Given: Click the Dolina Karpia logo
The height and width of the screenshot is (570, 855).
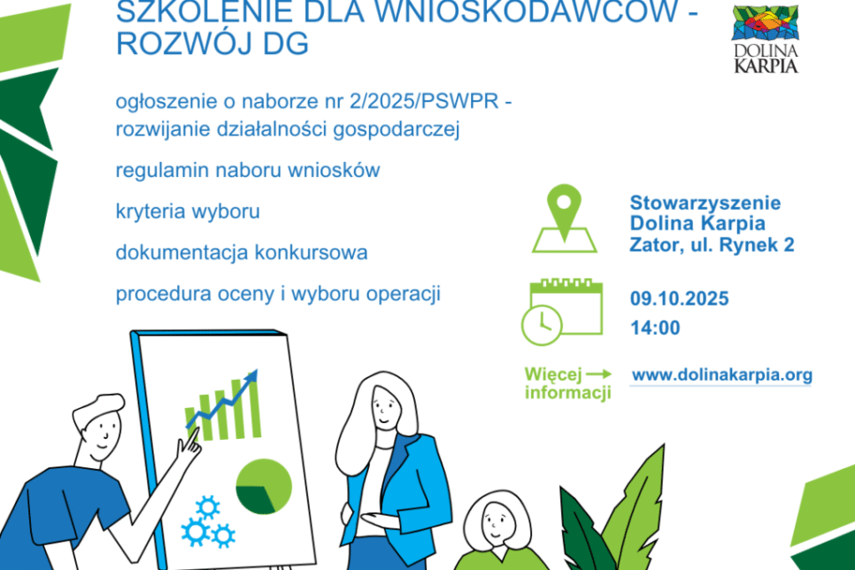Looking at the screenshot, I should point(766,40).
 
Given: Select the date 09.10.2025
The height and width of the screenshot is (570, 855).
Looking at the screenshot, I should point(679,299).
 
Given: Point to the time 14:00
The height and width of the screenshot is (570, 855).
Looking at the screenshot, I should point(655,327).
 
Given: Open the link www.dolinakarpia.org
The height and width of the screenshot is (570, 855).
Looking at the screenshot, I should point(721,375).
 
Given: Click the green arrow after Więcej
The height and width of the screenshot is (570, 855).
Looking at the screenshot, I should point(599,374).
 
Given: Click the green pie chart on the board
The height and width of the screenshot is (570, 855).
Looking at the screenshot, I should point(263,486).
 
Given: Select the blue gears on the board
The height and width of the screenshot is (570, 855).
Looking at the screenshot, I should point(207,522).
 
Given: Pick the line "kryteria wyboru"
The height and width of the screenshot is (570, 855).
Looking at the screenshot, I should point(187,212).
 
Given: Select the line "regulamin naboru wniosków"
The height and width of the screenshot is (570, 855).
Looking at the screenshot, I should point(248,170).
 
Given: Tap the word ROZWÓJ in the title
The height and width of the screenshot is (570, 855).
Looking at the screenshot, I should point(169,44).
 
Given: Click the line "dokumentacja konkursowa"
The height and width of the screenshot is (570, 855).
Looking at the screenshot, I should point(242,252).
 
